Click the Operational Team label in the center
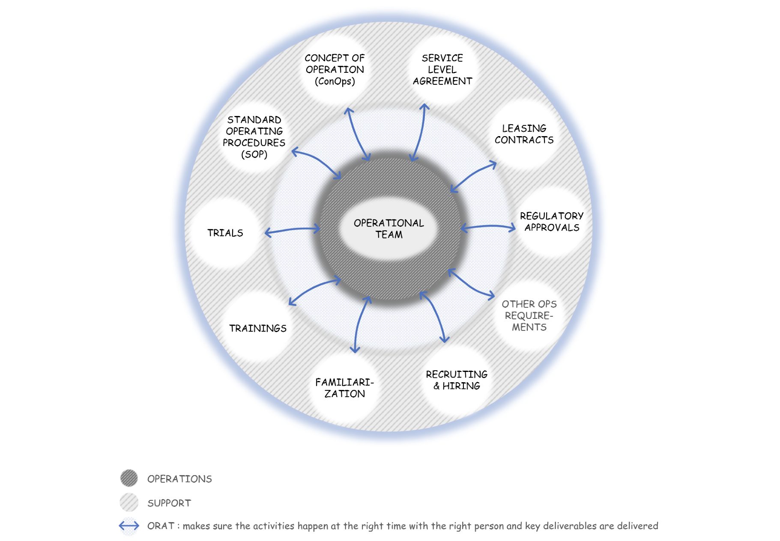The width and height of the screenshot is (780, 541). [389, 229]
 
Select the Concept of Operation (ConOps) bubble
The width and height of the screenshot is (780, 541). [335, 69]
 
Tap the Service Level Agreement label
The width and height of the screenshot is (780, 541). [442, 69]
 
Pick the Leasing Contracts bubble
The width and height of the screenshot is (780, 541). [524, 134]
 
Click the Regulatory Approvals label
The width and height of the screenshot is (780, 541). [552, 222]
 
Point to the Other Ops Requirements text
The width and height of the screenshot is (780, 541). [529, 315]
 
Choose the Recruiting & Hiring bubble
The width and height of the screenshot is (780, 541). [457, 380]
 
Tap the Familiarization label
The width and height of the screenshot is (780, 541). [344, 388]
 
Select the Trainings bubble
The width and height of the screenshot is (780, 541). [257, 328]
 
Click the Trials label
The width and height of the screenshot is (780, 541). [225, 233]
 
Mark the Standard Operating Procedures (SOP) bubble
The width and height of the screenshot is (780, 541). [254, 137]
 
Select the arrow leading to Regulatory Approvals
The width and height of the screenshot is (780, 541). [488, 226]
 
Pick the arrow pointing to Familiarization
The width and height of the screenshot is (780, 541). [359, 325]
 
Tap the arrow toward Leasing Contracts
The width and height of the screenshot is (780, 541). [473, 176]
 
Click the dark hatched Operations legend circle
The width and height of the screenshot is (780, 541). [129, 478]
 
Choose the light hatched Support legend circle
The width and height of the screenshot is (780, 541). [129, 502]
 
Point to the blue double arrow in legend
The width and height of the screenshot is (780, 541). [129, 526]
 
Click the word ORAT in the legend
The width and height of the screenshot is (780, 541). [161, 526]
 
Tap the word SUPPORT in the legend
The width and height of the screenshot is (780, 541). [169, 503]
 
